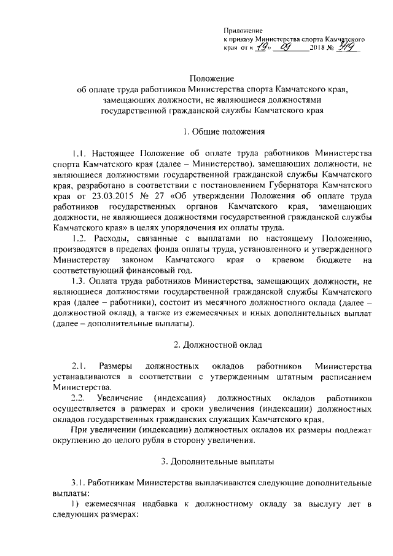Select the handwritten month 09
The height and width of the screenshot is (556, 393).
point(286,47)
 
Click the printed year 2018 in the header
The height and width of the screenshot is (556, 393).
point(320,49)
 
